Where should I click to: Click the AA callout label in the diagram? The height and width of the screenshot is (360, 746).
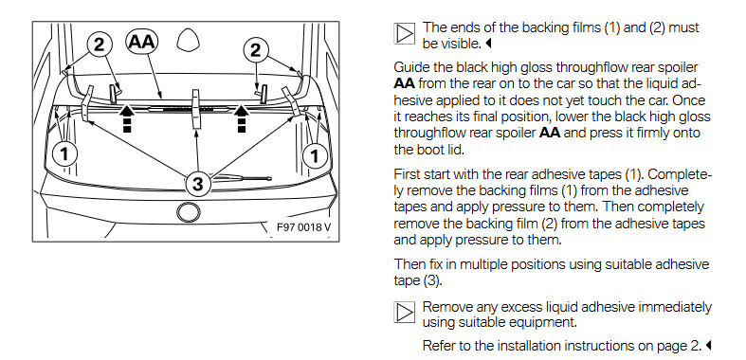[142, 42]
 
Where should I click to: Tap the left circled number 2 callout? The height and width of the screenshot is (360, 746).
[99, 45]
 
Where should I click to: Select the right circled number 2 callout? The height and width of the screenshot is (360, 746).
[256, 50]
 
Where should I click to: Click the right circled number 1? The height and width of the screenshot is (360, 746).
[316, 155]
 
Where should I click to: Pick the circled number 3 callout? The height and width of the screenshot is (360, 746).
[197, 183]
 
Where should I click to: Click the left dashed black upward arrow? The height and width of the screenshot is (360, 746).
[127, 118]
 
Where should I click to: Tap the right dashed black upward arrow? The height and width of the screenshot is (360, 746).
[242, 118]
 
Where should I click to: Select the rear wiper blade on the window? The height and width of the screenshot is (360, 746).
[243, 179]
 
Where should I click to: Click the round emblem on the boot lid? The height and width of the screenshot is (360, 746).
[189, 212]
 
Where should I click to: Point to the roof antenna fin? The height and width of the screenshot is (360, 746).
[188, 40]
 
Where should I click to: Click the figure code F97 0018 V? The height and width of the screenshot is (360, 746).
[303, 227]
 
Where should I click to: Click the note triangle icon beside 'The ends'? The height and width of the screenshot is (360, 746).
[405, 33]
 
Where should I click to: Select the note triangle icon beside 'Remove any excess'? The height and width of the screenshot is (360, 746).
[405, 313]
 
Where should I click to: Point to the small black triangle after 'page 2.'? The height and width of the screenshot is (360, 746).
[708, 345]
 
